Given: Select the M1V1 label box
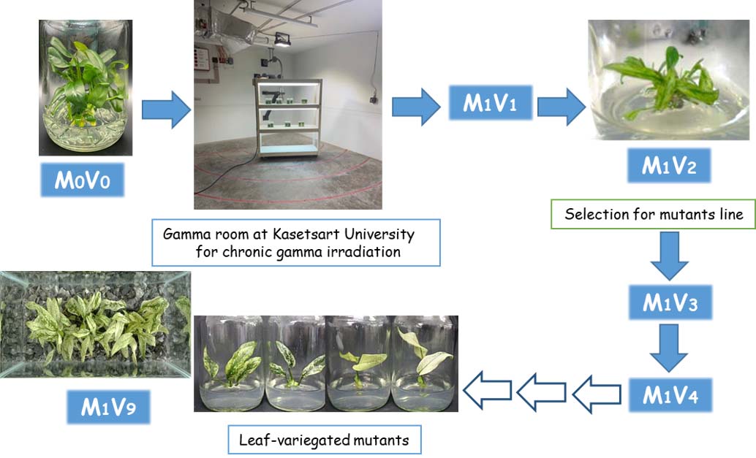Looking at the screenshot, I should coord(490,104).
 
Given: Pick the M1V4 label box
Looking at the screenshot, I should coord(670,396).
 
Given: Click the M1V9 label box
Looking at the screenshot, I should coord(108,407).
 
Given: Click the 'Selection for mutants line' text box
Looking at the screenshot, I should coord(654,215).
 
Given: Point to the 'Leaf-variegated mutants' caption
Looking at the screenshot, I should coord(325,440).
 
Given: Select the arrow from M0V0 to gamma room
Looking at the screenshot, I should coord(165,109).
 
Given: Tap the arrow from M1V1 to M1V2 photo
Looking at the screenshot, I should coord(562,107).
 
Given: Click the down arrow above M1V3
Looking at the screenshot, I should coord(669,257).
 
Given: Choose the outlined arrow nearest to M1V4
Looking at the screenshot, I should coord(596,395).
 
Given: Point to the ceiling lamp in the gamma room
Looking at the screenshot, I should coord(283,40).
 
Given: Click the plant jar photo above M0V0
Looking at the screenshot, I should coord(85,88).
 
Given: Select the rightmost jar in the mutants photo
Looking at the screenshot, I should coord(425,364).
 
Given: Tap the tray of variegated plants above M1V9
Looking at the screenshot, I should coord(95,324).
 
